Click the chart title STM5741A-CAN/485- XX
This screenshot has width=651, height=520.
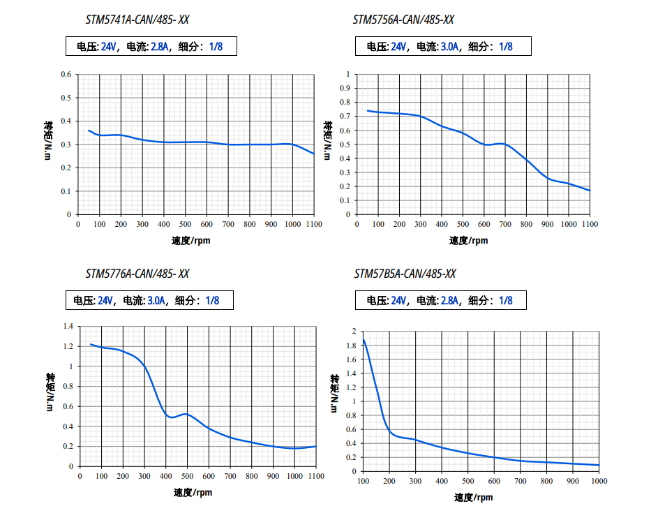137,20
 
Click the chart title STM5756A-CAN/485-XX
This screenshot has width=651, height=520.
404,20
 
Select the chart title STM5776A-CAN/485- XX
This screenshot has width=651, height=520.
137,274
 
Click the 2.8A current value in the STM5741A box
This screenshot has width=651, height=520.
160,47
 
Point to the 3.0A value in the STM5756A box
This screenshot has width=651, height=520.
450,47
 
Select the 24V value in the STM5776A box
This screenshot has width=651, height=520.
105,301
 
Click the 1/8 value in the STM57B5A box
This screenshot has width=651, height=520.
505,301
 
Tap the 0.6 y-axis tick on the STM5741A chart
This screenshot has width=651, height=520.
66,74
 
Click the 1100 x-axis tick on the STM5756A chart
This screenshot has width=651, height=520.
590,224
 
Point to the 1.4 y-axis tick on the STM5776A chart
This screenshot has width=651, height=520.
68,327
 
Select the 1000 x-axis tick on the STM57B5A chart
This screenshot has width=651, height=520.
599,481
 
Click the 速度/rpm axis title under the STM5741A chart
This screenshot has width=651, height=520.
191,241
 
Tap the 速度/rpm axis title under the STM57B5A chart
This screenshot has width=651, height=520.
474,498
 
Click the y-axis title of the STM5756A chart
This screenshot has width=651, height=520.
327,140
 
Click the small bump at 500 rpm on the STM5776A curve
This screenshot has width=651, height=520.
185,414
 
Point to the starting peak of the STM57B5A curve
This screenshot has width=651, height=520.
364,339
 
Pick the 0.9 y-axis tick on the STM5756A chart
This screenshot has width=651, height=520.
343,88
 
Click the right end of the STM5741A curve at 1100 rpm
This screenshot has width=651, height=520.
313,154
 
